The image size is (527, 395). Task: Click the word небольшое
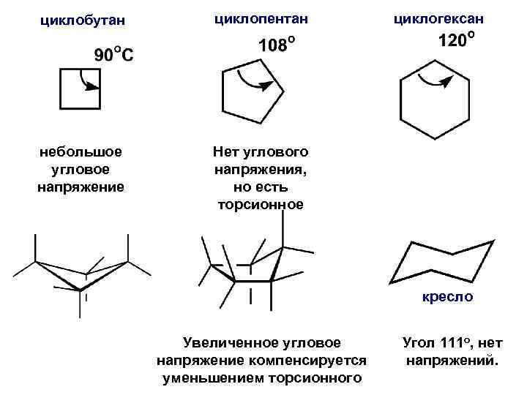pyautogui.click(x=81, y=152)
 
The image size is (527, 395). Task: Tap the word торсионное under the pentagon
pyautogui.click(x=261, y=204)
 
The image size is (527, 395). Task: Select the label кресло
pyautogui.click(x=447, y=297)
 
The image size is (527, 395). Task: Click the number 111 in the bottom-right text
pyautogui.click(x=452, y=342)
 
